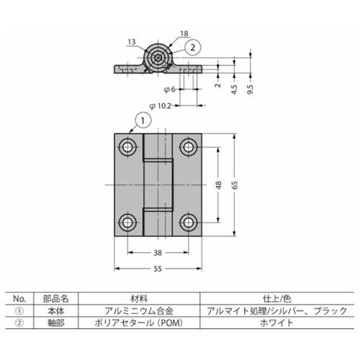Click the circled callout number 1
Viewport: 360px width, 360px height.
[143, 120]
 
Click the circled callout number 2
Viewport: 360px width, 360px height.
[192, 47]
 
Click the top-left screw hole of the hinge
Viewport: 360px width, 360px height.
[127, 147]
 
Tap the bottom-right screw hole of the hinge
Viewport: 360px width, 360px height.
[189, 220]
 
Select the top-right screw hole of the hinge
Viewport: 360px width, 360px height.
[189, 147]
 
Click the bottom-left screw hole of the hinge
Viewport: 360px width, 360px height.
[127, 220]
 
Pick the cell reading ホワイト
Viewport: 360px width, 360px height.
[277, 324]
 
